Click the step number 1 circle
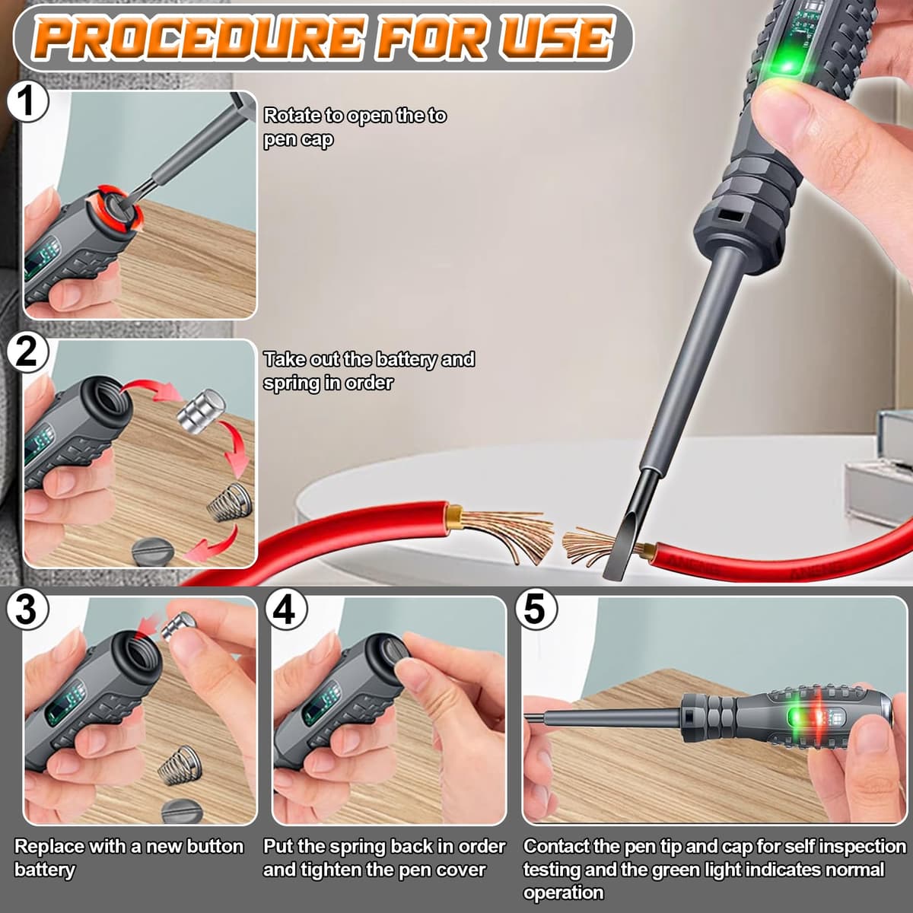click(27, 101)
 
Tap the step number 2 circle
click(27, 352)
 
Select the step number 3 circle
click(27, 609)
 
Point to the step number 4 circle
click(286, 609)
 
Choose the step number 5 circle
click(536, 609)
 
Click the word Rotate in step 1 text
click(291, 115)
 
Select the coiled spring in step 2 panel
click(229, 501)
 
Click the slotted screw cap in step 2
click(151, 551)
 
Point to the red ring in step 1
click(115, 209)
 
